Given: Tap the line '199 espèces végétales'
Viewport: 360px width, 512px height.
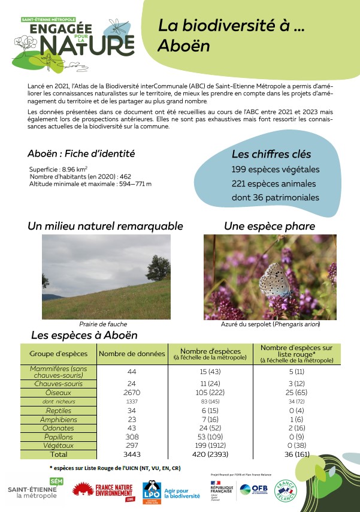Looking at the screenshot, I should pos(275,170).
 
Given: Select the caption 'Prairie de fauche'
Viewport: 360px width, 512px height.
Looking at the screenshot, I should pos(103,324).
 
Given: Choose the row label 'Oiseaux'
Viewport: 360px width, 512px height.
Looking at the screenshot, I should pos(58,392).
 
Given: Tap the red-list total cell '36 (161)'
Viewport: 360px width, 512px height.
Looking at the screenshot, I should pos(296,455).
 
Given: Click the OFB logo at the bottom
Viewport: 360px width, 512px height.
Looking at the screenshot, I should pos(253,490).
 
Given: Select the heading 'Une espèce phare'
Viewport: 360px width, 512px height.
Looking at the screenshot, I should pos(269,227).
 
